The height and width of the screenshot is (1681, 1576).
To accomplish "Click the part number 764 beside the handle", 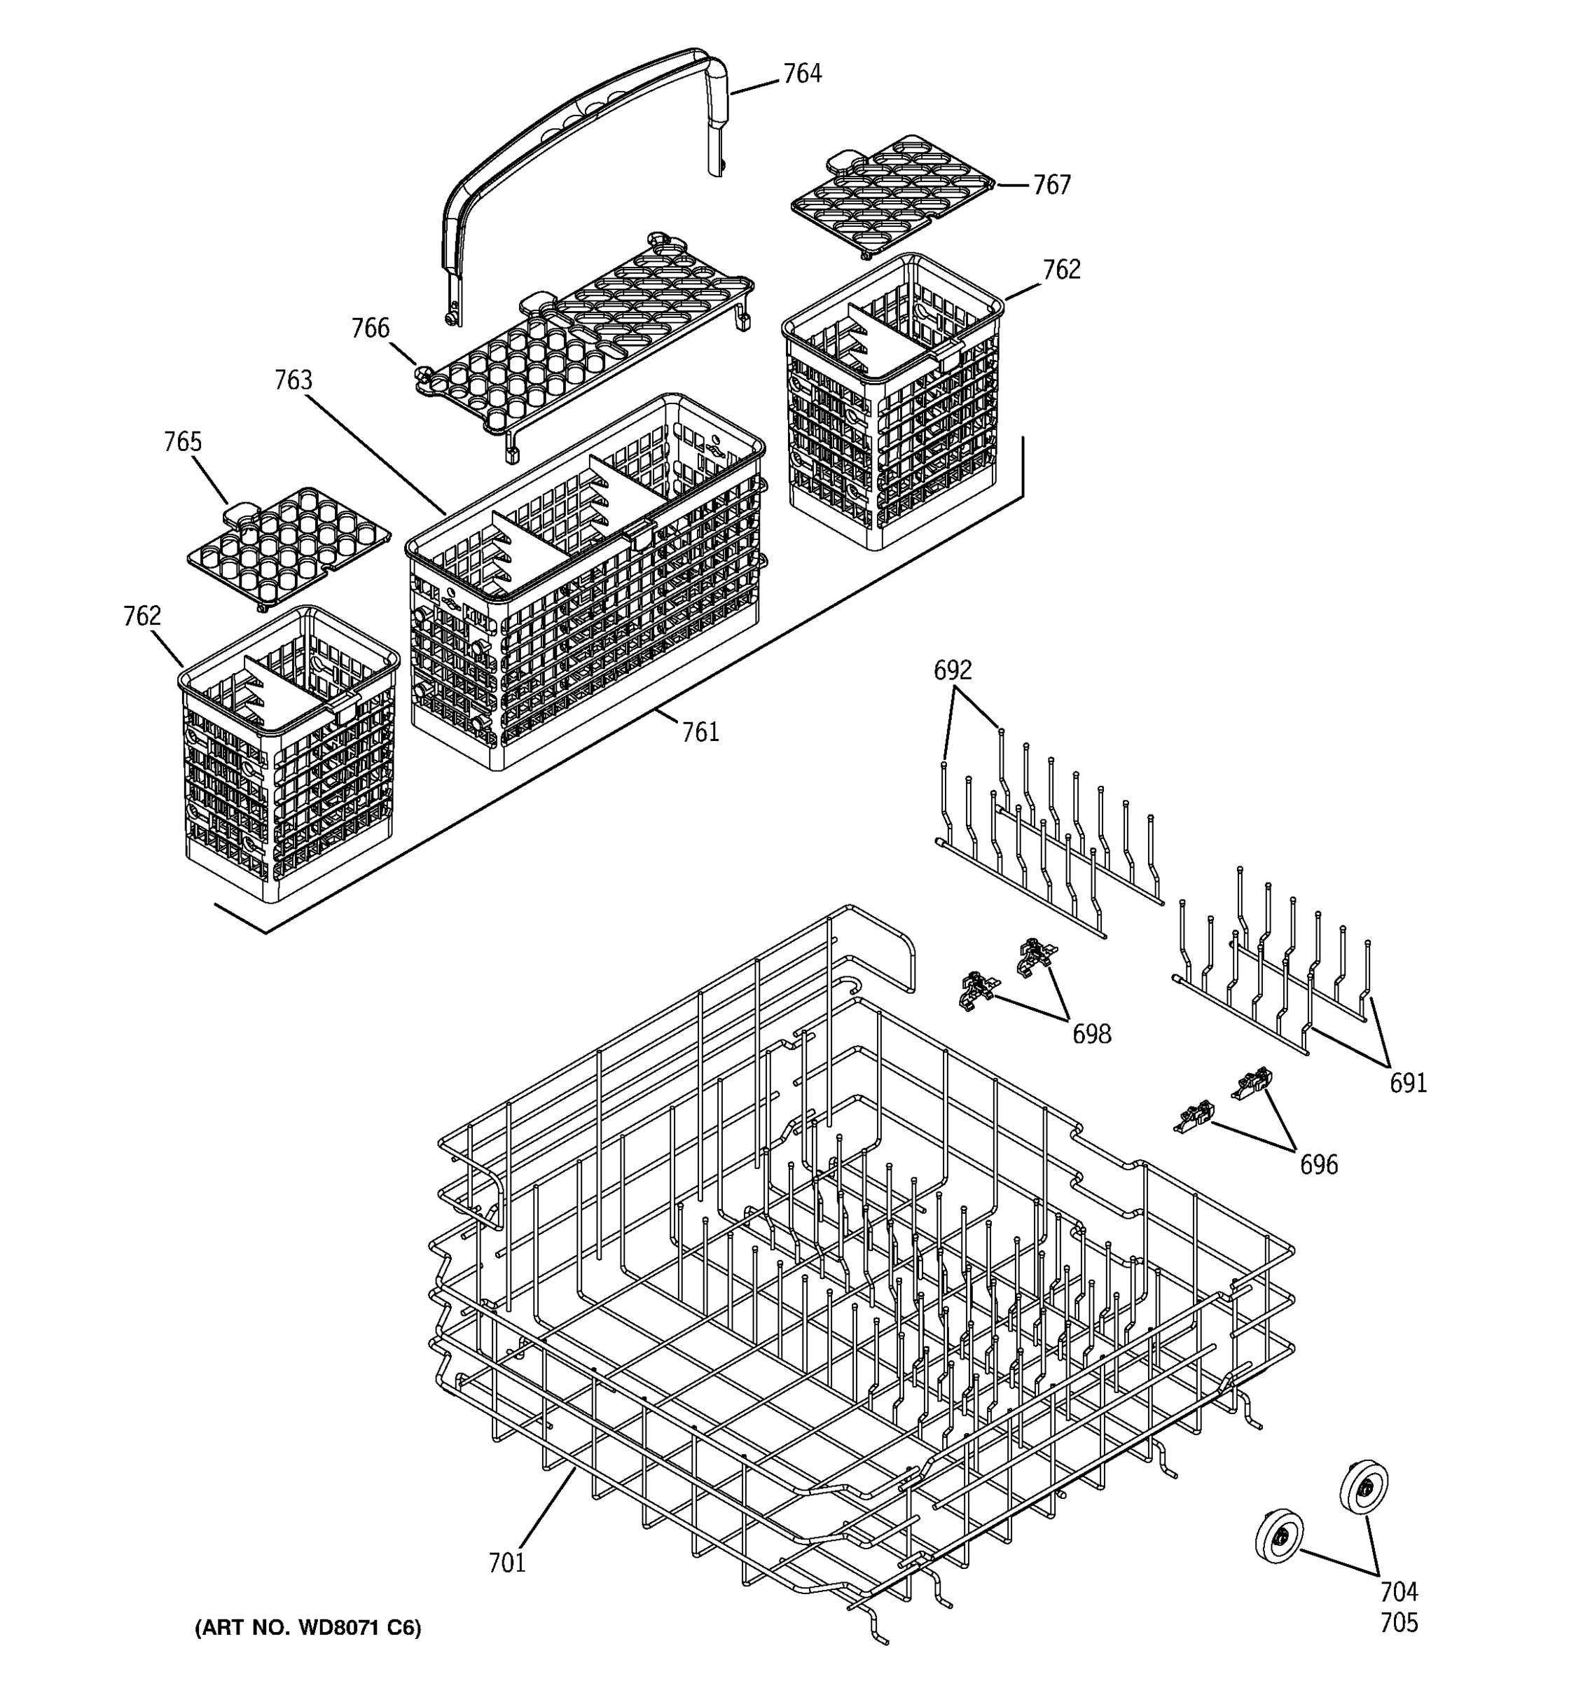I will click(x=801, y=74).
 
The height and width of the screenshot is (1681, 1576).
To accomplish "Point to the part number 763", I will click(x=293, y=380).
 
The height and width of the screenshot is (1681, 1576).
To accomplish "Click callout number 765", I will click(x=183, y=442).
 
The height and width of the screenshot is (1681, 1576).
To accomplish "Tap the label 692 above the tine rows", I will click(x=952, y=670).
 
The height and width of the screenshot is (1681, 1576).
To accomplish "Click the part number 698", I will click(x=1091, y=1033).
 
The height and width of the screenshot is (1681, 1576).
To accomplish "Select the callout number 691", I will click(x=1408, y=1082).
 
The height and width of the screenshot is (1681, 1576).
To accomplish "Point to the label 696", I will click(x=1318, y=1165).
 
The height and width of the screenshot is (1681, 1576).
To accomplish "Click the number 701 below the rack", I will click(x=506, y=1563).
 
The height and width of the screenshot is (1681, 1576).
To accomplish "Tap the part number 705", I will click(x=1399, y=1623).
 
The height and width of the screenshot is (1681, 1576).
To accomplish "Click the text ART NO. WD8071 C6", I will click(x=307, y=1628).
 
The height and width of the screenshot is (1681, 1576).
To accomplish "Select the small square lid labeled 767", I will click(x=892, y=195).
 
